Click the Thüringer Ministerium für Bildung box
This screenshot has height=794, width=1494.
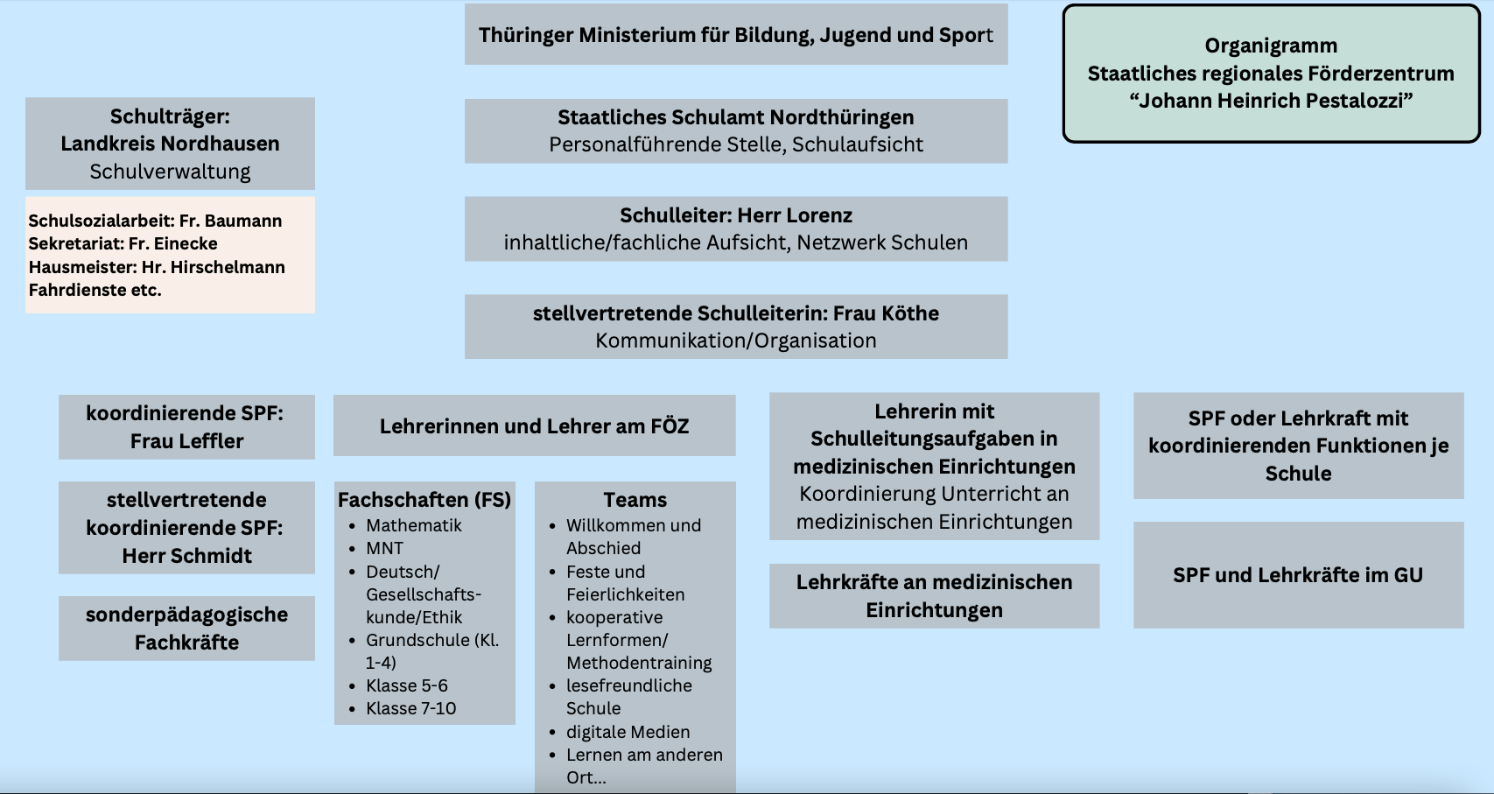[x=736, y=34]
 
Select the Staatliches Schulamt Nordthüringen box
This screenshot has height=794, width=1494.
[x=736, y=130]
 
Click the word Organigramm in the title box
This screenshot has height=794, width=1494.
[x=1271, y=46]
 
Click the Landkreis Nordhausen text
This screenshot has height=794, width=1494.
[x=170, y=144]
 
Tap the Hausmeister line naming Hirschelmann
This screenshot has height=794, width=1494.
[x=157, y=267]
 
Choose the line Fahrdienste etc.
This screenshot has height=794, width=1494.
[x=95, y=291]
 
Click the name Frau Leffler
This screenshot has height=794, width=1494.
[x=186, y=441]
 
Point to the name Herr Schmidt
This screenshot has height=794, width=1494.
[x=186, y=556]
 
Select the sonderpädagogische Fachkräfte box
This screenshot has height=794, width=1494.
[x=186, y=629]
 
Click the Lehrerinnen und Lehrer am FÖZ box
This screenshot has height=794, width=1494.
[x=534, y=425]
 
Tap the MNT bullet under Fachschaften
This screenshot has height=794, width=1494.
[x=384, y=549]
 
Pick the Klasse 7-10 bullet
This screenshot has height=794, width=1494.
[x=410, y=708]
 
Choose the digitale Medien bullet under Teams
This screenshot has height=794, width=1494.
[x=628, y=732]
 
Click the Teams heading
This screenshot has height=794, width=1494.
[x=635, y=500]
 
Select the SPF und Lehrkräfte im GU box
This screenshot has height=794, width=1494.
[x=1298, y=574]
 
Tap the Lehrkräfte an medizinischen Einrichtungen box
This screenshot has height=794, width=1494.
[x=934, y=596]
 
